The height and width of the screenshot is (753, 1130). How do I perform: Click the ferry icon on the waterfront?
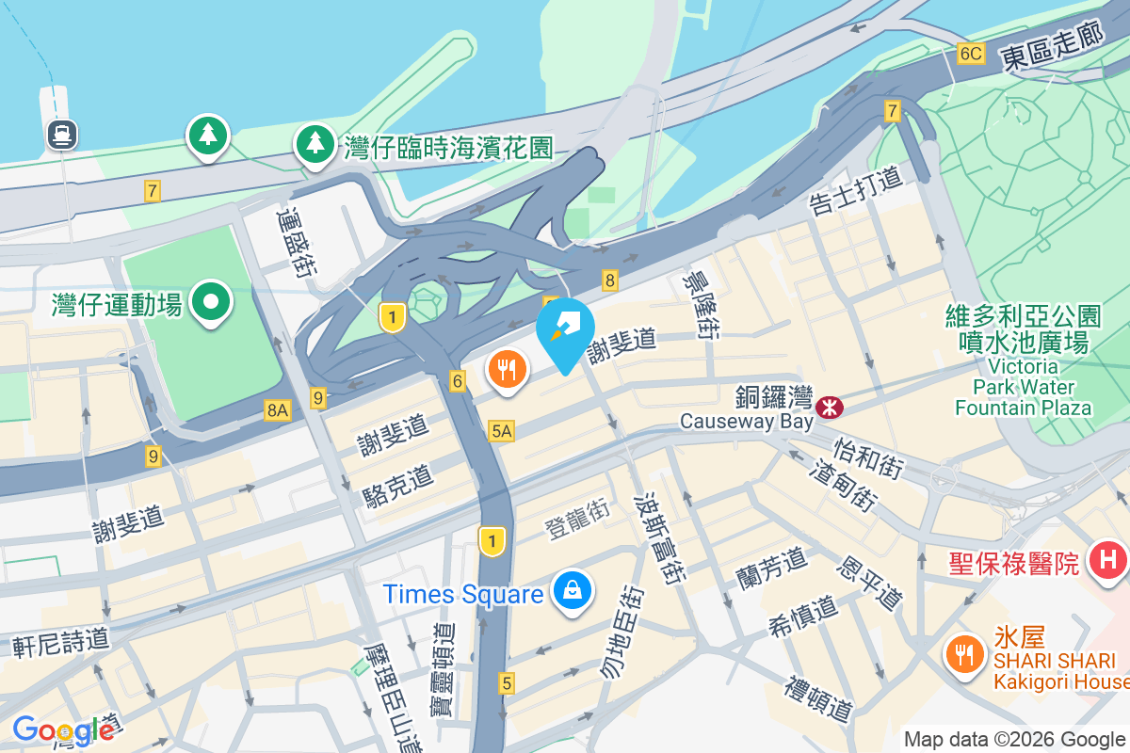pyautogui.click(x=63, y=135)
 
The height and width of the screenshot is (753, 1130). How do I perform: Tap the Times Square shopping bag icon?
pyautogui.click(x=571, y=593)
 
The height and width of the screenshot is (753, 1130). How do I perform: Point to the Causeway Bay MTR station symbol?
pyautogui.click(x=830, y=407)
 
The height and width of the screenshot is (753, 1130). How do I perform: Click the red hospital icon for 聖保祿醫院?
pyautogui.click(x=1108, y=562)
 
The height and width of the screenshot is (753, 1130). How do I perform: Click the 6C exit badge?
pyautogui.click(x=971, y=54)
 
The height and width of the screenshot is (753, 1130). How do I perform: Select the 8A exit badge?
pyautogui.click(x=277, y=409)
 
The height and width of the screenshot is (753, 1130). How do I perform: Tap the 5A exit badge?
pyautogui.click(x=502, y=431)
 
